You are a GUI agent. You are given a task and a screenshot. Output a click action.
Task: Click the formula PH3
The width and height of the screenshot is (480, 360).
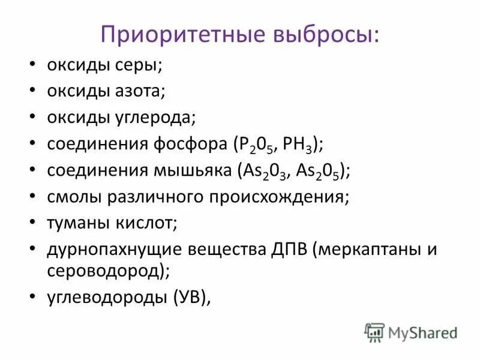pos(301,144)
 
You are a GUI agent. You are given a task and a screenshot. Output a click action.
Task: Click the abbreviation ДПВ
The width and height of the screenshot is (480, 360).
pos(286,250)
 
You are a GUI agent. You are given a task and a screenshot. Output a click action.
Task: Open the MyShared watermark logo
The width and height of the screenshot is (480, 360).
pos(411,332)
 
